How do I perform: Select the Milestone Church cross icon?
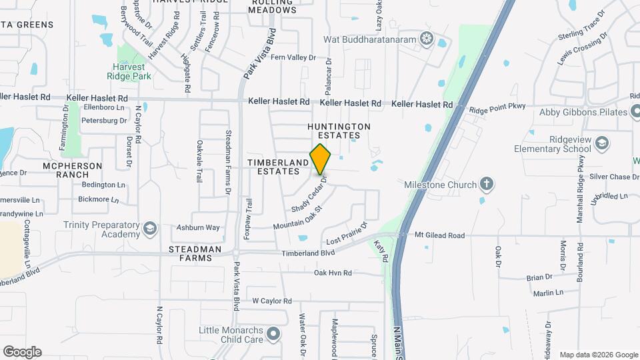(487, 184)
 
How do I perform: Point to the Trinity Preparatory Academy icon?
(150, 229)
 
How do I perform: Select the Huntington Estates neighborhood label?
(339, 131)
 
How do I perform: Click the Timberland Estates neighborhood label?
(279, 167)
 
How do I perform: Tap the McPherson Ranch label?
(72, 170)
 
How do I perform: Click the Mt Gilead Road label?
(439, 235)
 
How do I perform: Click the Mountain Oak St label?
(297, 218)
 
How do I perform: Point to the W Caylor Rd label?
(272, 301)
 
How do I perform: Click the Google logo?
(22, 352)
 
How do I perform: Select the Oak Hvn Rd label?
(342, 273)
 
